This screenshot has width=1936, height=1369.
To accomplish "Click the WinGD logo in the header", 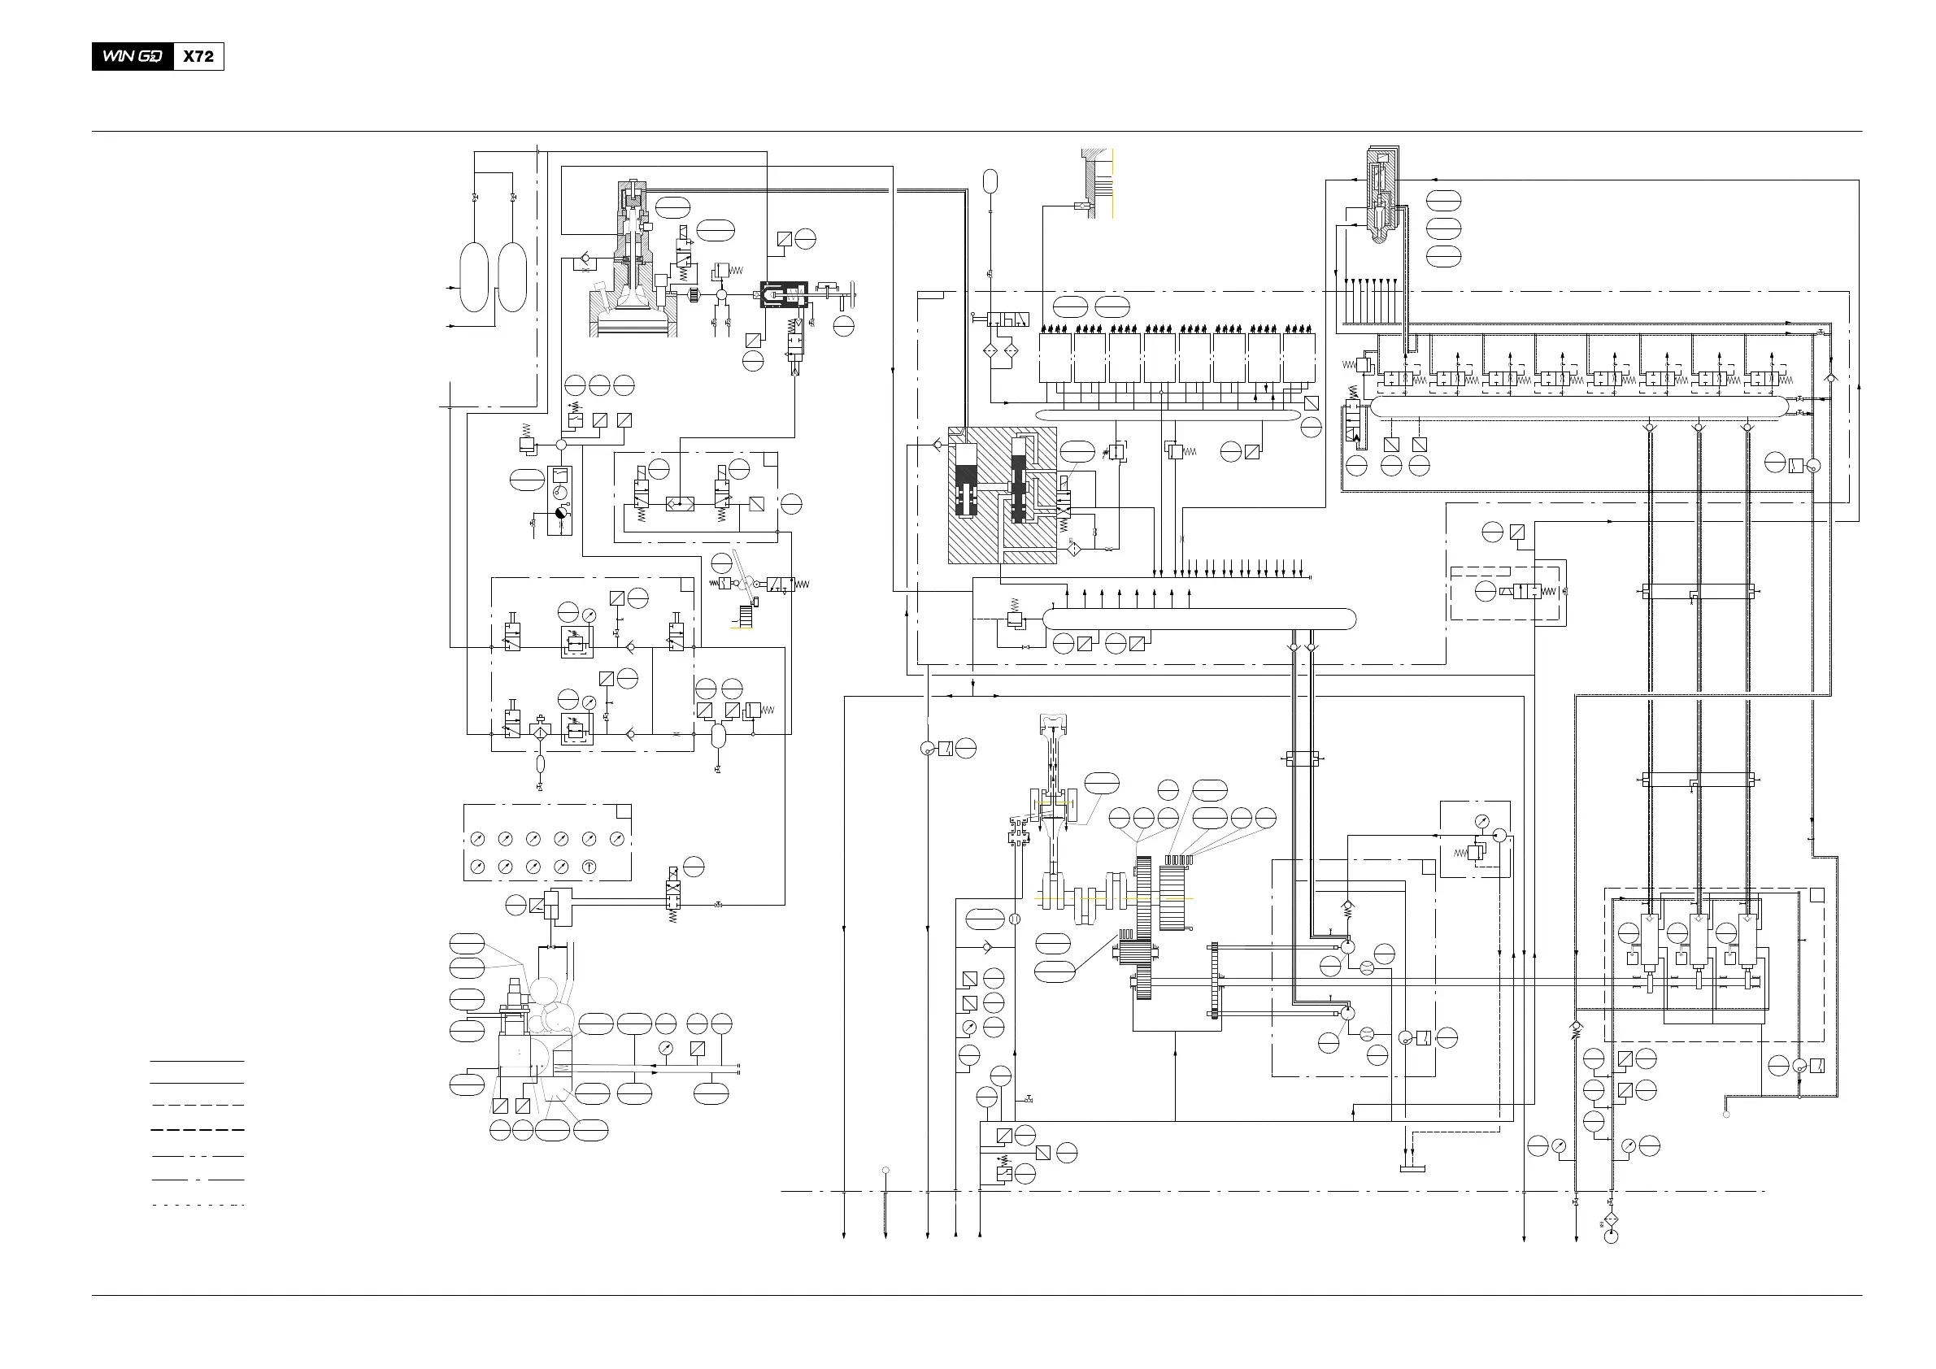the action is [x=133, y=56].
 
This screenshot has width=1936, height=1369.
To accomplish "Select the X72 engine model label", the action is [x=198, y=56].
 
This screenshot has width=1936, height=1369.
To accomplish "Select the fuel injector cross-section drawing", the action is [x=1383, y=193].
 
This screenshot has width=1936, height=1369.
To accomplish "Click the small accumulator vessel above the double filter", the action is [x=990, y=180].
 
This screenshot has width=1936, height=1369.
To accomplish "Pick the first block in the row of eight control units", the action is [x=1055, y=358].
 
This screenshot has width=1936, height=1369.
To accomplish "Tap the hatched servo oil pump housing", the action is [x=1003, y=495].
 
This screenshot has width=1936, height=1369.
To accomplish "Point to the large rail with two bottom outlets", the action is [x=1199, y=619].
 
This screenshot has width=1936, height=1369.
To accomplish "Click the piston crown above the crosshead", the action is [x=1054, y=722].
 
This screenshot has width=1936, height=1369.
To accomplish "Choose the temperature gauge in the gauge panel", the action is [x=590, y=867].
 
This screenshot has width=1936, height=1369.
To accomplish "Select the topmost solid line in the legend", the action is [x=198, y=1060].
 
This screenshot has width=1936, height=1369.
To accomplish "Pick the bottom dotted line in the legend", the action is [x=198, y=1205].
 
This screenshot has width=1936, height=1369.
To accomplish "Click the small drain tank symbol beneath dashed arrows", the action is [x=1412, y=1168].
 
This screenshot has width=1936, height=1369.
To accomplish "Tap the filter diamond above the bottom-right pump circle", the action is [x=1611, y=1219].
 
